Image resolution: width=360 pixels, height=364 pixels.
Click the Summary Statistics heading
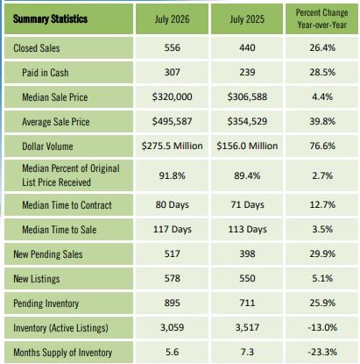coord(50,19)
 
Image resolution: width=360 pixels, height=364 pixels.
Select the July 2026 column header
coord(172,19)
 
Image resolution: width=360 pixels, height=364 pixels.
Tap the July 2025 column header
coord(247,19)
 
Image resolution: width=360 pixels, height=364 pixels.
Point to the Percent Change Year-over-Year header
coord(322,18)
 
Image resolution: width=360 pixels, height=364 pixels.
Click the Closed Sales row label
coord(37,48)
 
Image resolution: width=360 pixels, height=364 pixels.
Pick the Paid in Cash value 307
coord(172,72)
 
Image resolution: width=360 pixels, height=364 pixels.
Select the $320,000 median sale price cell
coord(172,96)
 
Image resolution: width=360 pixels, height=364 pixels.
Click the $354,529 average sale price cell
coord(247,121)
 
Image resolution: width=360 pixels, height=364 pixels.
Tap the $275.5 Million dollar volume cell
coord(172,146)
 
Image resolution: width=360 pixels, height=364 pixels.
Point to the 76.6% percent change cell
coord(322,146)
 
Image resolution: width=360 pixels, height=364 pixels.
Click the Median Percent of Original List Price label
coord(71,175)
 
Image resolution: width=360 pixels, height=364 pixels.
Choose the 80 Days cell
coord(172,204)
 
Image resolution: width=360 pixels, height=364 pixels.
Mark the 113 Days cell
coord(247,229)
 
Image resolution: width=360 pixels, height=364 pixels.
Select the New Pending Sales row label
coord(48,254)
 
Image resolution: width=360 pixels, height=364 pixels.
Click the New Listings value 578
coord(172,278)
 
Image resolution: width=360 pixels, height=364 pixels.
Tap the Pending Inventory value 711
coord(247,303)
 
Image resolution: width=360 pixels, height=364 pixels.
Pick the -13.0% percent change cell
coord(322,327)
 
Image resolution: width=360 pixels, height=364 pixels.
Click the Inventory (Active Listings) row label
coord(60,328)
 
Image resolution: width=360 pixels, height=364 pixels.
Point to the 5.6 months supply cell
coord(172,352)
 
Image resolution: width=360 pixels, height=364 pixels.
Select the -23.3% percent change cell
coord(322,352)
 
